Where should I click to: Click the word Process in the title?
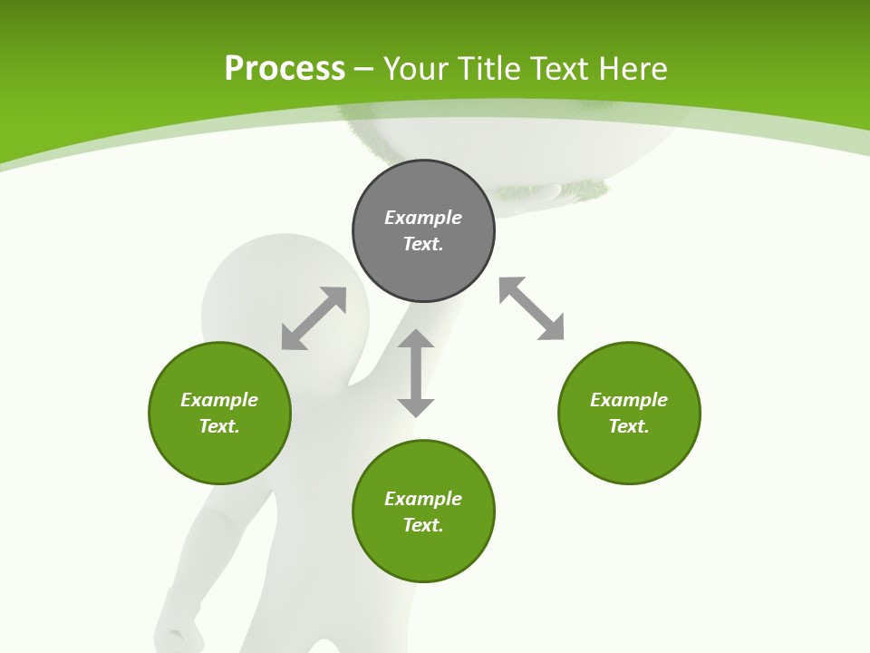(x=285, y=69)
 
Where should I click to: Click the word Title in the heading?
(x=488, y=69)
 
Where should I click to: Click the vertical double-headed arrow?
(x=416, y=374)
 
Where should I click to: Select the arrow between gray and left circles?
(x=314, y=318)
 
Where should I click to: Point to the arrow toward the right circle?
(x=531, y=308)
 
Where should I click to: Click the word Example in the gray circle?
(x=423, y=218)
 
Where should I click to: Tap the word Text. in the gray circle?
(x=423, y=244)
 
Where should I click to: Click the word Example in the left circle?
(x=219, y=400)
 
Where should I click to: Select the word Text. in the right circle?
(x=629, y=426)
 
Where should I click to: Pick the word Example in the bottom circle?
(x=423, y=499)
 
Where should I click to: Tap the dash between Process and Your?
(x=364, y=69)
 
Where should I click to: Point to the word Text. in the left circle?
(x=219, y=426)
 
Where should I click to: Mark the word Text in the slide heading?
(x=558, y=69)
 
